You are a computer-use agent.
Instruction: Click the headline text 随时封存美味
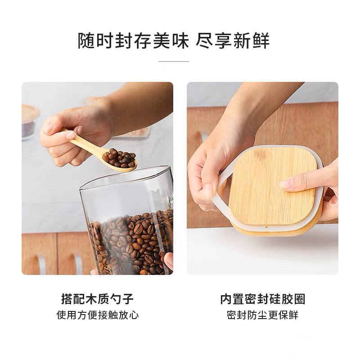point(133,40)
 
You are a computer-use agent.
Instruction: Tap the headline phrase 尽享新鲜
point(233,40)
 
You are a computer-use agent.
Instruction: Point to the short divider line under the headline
point(174,61)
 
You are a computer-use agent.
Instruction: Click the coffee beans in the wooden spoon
point(119,158)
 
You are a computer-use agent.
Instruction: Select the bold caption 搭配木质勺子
point(97,299)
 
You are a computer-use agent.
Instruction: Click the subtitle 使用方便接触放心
point(98,315)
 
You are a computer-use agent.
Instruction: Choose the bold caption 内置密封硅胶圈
point(263,299)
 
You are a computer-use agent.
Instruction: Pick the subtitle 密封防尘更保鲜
point(262,315)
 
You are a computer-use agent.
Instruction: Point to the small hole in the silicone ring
point(266,227)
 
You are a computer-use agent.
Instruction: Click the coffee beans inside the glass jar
point(131,243)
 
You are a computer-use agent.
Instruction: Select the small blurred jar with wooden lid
point(30,121)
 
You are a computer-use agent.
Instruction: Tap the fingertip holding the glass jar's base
point(169,261)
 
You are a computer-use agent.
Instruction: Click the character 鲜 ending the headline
point(261,40)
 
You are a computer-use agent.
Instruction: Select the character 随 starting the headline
point(86,40)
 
